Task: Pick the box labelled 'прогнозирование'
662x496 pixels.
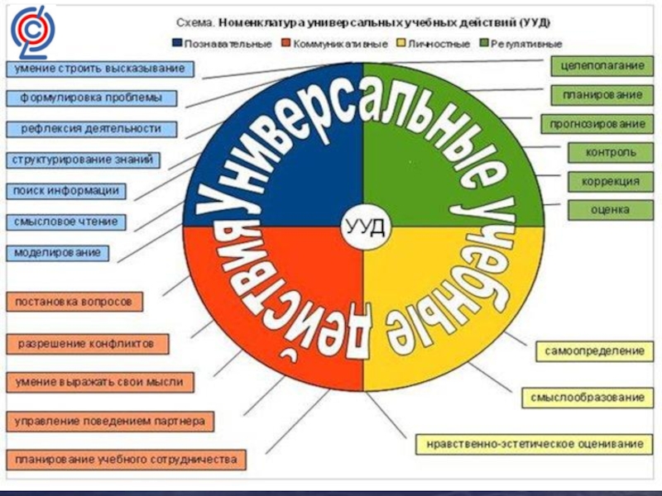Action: tap(595, 124)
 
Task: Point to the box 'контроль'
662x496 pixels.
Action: tap(611, 153)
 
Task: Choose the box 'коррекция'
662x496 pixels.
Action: tap(611, 181)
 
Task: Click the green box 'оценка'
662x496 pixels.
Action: tap(611, 210)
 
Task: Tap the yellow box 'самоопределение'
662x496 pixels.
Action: tap(594, 351)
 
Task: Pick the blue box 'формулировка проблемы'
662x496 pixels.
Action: tap(98, 98)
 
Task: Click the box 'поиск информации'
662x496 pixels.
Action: tap(66, 191)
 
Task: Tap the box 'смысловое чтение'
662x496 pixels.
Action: tap(67, 222)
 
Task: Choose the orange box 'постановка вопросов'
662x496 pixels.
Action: tap(74, 302)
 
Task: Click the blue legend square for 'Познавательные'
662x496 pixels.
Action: tap(177, 42)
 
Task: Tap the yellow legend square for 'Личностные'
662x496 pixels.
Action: tap(402, 42)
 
